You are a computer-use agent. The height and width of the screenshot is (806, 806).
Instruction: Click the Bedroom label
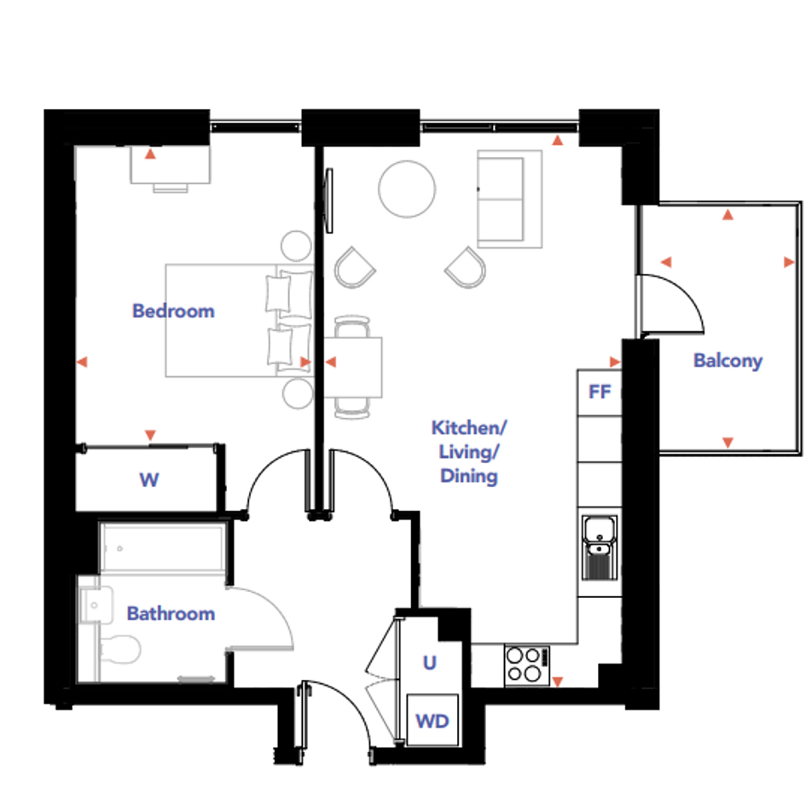pyautogui.click(x=173, y=311)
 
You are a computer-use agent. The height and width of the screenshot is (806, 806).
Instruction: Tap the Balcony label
pyautogui.click(x=728, y=361)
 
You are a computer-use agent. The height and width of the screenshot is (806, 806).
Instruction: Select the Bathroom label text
pyautogui.click(x=171, y=613)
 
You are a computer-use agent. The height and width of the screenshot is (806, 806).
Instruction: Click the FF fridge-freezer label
pyautogui.click(x=600, y=392)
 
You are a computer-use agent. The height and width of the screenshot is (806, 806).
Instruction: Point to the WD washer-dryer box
pyautogui.click(x=432, y=720)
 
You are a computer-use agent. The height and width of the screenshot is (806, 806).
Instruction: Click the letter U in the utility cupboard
pyautogui.click(x=430, y=663)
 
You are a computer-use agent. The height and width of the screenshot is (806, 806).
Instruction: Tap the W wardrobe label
pyautogui.click(x=149, y=479)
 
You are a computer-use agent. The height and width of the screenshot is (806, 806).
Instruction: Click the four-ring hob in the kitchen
pyautogui.click(x=527, y=665)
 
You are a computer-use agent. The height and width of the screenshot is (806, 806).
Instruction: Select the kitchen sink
pyautogui.click(x=600, y=548)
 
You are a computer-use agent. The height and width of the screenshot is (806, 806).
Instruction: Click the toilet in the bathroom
pyautogui.click(x=121, y=650)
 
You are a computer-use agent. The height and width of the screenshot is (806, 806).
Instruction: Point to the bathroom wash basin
pyautogui.click(x=96, y=605)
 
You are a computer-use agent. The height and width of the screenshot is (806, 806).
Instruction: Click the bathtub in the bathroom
pyautogui.click(x=163, y=547)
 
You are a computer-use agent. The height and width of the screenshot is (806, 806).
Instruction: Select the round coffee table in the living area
pyautogui.click(x=407, y=188)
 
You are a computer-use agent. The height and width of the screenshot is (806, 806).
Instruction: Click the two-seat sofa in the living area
pyautogui.click(x=509, y=199)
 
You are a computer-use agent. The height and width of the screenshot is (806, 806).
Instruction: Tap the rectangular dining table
pyautogui.click(x=352, y=367)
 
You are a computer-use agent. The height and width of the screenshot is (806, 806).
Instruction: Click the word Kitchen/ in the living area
pyautogui.click(x=469, y=427)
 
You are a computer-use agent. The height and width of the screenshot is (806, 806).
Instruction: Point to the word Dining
pyautogui.click(x=469, y=476)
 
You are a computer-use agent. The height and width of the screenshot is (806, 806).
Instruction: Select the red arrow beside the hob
pyautogui.click(x=557, y=681)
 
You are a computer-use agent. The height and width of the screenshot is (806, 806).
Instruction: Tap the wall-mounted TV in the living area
pyautogui.click(x=329, y=200)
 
